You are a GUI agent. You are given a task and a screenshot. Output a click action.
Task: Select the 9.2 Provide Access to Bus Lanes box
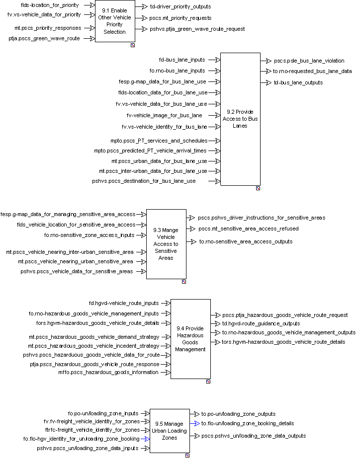(240, 119)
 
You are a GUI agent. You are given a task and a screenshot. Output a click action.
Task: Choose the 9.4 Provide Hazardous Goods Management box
(190, 339)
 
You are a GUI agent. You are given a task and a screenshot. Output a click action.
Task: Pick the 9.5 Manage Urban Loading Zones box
(170, 431)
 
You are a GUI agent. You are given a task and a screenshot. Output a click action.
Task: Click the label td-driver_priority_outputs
(180, 7)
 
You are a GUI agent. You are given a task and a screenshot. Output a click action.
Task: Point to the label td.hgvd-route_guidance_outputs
(261, 323)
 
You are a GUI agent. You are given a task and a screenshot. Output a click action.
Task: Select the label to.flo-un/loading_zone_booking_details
(247, 423)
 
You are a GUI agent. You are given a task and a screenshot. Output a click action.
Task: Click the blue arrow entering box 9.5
(145, 439)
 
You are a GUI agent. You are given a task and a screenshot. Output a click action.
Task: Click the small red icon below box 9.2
(258, 188)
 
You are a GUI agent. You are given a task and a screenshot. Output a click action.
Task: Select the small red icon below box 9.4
(208, 382)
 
